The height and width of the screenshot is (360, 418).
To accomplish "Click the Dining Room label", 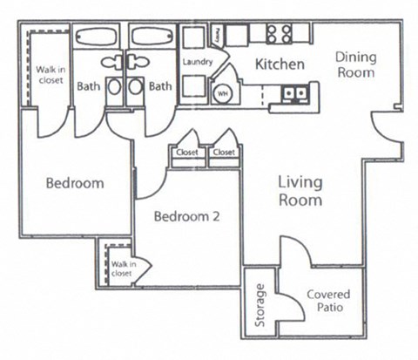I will tap(355, 65).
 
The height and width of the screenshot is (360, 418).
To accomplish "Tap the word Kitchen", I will tap(279, 65).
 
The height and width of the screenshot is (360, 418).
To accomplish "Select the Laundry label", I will tap(197, 62).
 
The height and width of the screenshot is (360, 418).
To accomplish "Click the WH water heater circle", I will tap(222, 92).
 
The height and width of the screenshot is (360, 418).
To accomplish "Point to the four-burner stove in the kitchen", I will tap(279, 34).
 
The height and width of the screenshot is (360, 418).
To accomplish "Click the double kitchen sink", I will tap(293, 93).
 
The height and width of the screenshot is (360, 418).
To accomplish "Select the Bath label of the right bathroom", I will tap(158, 86).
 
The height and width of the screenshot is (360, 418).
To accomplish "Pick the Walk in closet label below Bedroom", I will tap(120, 263).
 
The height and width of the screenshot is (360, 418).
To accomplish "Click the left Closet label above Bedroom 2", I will tap(187, 152).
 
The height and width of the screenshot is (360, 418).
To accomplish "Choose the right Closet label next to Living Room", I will tap(224, 152).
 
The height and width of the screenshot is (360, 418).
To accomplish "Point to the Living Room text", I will tap(300, 192).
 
